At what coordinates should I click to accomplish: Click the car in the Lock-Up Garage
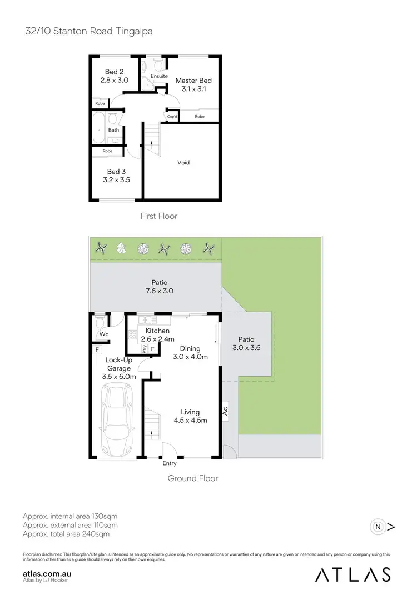click(x=117, y=420)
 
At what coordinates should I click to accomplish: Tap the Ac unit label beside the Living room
click(x=226, y=411)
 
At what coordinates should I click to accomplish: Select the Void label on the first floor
click(x=183, y=162)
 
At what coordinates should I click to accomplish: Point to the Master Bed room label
click(x=193, y=81)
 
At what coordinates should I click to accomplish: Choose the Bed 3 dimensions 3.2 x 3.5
click(x=116, y=181)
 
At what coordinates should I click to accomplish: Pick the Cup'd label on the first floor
click(x=172, y=117)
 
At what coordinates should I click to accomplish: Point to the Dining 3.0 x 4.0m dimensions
click(x=190, y=357)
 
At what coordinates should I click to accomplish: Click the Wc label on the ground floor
click(x=103, y=334)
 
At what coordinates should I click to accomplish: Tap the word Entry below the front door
click(x=170, y=463)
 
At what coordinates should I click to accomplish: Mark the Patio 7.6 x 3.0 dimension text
click(x=156, y=291)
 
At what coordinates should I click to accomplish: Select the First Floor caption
click(x=159, y=216)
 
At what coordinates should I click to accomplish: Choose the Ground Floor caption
click(x=193, y=478)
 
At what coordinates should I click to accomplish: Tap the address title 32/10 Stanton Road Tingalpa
click(x=88, y=32)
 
